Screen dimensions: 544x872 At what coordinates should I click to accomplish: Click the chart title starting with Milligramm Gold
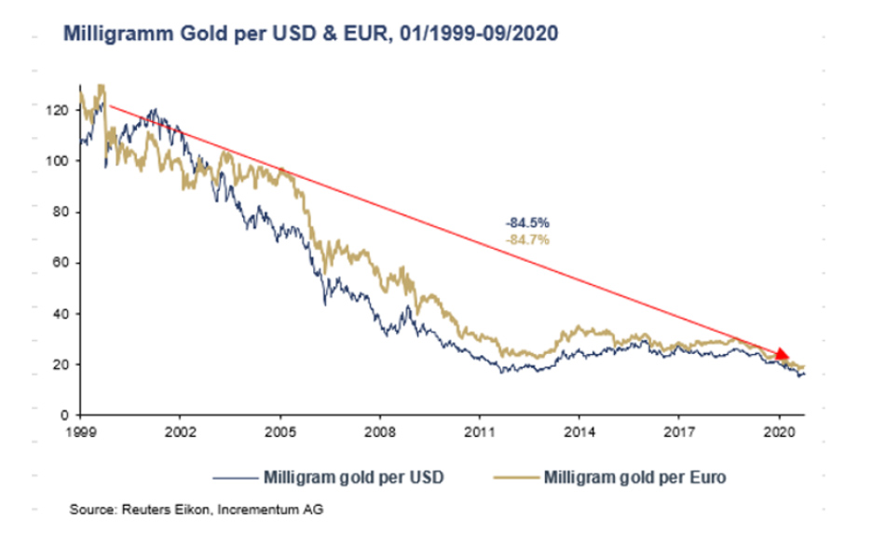[310, 34]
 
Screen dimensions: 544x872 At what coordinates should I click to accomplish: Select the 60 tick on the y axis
[61, 263]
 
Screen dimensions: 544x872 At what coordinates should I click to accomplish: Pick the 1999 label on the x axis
[81, 432]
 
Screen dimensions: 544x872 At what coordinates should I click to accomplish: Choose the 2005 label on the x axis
[279, 432]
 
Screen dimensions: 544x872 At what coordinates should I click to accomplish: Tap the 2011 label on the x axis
[479, 432]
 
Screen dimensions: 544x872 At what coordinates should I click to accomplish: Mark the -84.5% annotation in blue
[527, 224]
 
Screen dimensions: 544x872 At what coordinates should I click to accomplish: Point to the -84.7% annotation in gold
[527, 239]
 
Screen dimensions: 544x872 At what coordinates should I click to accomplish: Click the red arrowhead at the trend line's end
[782, 355]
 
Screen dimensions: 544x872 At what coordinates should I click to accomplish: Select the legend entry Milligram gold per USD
[353, 477]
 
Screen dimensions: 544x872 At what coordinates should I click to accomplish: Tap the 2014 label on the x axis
[579, 432]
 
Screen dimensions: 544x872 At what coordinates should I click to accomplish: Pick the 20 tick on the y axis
[61, 364]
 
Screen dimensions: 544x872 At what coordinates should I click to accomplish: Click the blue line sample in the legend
[235, 477]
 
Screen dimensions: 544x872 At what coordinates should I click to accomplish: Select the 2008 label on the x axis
[379, 432]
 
